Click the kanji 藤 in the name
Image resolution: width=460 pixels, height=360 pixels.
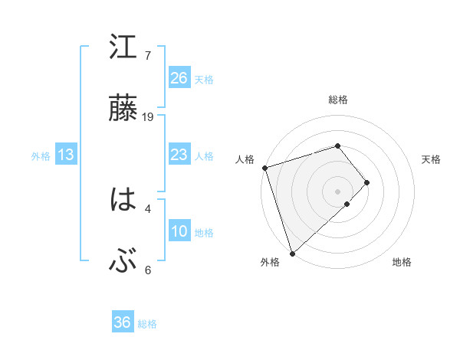pyautogui.click(x=123, y=109)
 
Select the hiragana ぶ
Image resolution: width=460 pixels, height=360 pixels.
pyautogui.click(x=123, y=262)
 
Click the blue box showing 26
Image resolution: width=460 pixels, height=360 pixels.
pyautogui.click(x=179, y=77)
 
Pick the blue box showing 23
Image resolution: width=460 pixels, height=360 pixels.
pyautogui.click(x=179, y=155)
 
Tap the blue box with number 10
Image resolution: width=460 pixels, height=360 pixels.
pyautogui.click(x=179, y=232)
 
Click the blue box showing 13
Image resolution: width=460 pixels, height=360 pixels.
pyautogui.click(x=66, y=155)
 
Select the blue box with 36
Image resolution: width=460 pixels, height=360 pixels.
pyautogui.click(x=123, y=322)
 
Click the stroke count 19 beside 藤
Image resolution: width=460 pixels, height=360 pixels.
pyautogui.click(x=149, y=117)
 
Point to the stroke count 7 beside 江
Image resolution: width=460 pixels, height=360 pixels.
pyautogui.click(x=148, y=56)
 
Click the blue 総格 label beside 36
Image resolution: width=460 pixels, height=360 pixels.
pyautogui.click(x=147, y=324)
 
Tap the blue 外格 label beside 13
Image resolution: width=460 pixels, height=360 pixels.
pyautogui.click(x=41, y=156)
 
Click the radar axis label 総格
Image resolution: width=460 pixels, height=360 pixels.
pyautogui.click(x=337, y=100)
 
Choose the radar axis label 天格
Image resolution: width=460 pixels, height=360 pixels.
pyautogui.click(x=432, y=159)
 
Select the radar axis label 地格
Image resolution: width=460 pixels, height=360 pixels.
pyautogui.click(x=402, y=262)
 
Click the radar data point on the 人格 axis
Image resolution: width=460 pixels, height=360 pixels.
pyautogui.click(x=264, y=167)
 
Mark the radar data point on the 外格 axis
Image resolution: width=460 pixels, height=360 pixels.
pyautogui.click(x=292, y=253)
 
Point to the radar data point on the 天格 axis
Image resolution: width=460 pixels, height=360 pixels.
pyautogui.click(x=367, y=182)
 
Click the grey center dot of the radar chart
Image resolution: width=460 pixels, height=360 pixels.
pyautogui.click(x=337, y=191)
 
